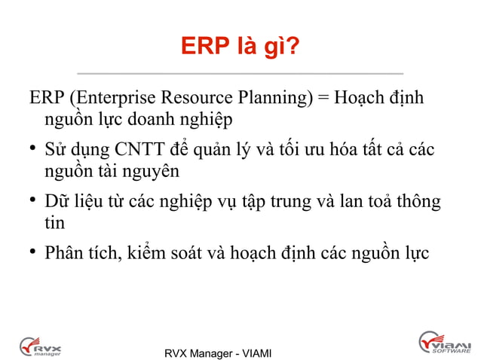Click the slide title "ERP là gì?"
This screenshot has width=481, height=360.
[x=240, y=48]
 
